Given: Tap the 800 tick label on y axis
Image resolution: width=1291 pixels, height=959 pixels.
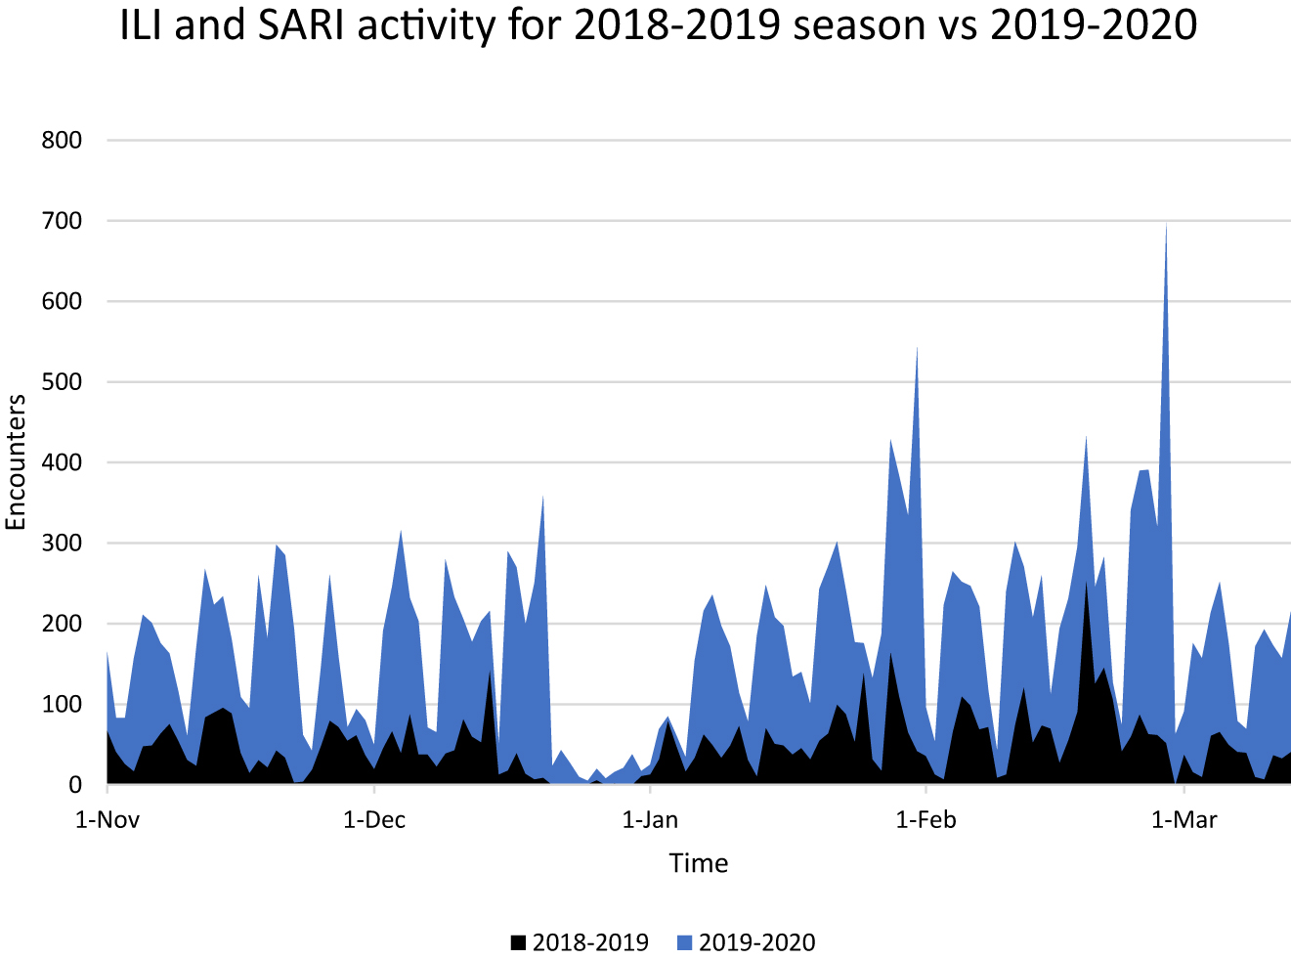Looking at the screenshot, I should pos(62,141).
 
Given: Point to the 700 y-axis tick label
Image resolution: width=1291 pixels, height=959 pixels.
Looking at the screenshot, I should pos(62,221).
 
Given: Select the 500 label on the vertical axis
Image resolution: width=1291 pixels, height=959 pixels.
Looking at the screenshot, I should pos(62,382).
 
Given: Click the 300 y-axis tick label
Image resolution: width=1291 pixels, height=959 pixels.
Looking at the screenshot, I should pos(62,544).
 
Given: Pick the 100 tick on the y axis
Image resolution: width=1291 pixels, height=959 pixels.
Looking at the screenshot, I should pos(62,705).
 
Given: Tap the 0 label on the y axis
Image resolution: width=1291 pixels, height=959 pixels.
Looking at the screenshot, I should pos(75,785).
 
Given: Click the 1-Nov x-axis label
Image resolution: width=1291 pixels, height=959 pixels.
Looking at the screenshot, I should pos(108,820).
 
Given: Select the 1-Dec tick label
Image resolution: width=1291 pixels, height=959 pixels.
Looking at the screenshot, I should pos(374,820).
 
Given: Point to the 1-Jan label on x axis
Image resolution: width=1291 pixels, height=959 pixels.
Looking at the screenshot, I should pos(650,820).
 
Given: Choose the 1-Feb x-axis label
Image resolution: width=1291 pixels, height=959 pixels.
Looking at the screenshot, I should pos(925,820).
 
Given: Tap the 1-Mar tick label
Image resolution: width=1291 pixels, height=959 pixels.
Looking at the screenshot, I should pos(1183,820).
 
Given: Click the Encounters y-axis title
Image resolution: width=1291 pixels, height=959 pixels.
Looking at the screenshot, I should pos(16,462).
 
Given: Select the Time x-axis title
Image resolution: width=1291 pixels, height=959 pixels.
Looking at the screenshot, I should pos(698,863).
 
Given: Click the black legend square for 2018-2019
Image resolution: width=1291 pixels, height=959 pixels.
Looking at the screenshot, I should pos(518,943).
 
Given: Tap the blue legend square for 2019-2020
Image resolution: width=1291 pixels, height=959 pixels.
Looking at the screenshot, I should pos(684,943).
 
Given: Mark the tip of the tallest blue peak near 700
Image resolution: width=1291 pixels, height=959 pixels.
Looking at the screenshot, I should pos(1166,225).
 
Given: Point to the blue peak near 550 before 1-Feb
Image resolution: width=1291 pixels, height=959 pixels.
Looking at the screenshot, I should pos(917,348).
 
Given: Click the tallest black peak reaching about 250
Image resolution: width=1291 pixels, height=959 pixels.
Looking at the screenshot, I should pos(1086,584).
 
